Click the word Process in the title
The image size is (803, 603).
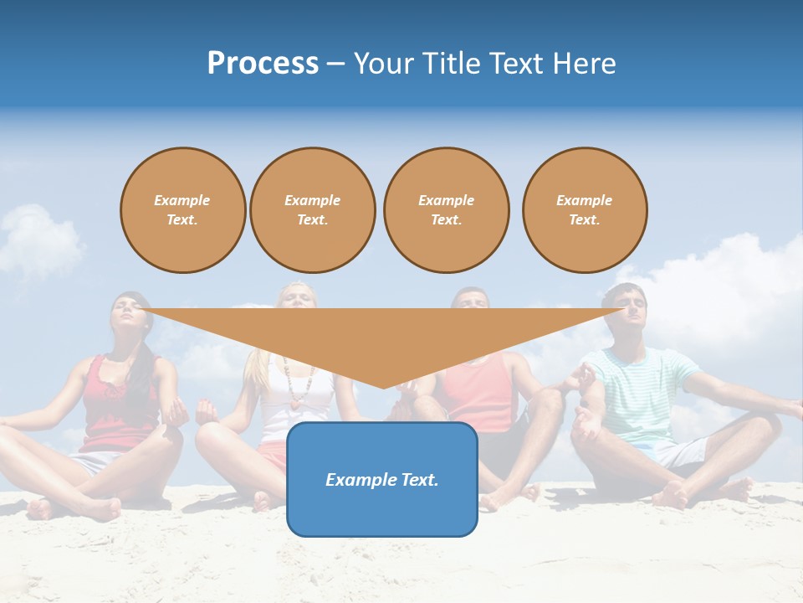click(x=263, y=64)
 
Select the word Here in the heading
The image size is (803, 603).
click(x=584, y=64)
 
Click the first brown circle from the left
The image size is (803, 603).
click(x=182, y=210)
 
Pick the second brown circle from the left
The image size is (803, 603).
click(x=312, y=210)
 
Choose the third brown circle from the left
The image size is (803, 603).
click(x=446, y=210)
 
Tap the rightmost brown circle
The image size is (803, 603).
click(x=584, y=210)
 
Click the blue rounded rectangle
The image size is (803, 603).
click(x=382, y=479)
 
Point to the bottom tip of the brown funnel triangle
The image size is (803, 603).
click(x=383, y=386)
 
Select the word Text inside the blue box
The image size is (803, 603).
click(x=417, y=480)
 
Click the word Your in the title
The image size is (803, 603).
click(x=382, y=64)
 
